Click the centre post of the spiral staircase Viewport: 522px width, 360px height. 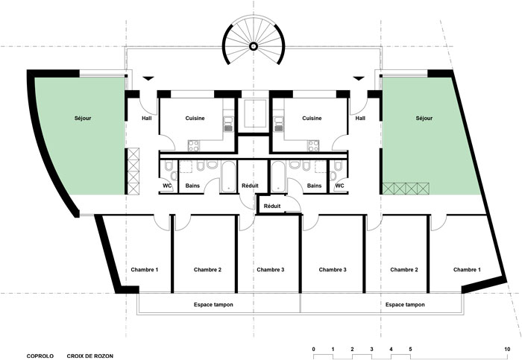coord(253,46)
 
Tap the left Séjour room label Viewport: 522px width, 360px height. coord(83,118)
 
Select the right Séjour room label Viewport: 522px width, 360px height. coord(424,118)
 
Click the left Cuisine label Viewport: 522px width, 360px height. coord(195,118)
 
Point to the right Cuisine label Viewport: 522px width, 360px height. coord(312,118)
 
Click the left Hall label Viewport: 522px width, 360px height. coord(147,118)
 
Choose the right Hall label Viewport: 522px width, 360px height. coord(360,118)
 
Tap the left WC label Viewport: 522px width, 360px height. coord(167,186)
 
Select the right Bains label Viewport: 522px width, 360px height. coord(314,186)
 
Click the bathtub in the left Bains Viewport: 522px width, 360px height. coord(228,177)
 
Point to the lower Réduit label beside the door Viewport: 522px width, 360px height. coord(272,206)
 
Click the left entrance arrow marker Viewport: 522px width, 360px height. coord(148,78)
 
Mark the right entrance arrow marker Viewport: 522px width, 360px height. coord(359,78)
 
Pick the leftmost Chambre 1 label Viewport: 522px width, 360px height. coord(145,270)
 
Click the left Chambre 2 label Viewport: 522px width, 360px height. coord(207,270)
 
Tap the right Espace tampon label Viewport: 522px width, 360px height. coord(405,304)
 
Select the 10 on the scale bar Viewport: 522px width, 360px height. coord(507,350)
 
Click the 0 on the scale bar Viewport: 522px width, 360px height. coord(314,350)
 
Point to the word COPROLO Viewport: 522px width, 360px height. coord(40,356)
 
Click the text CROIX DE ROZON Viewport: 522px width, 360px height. coord(90,356)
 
